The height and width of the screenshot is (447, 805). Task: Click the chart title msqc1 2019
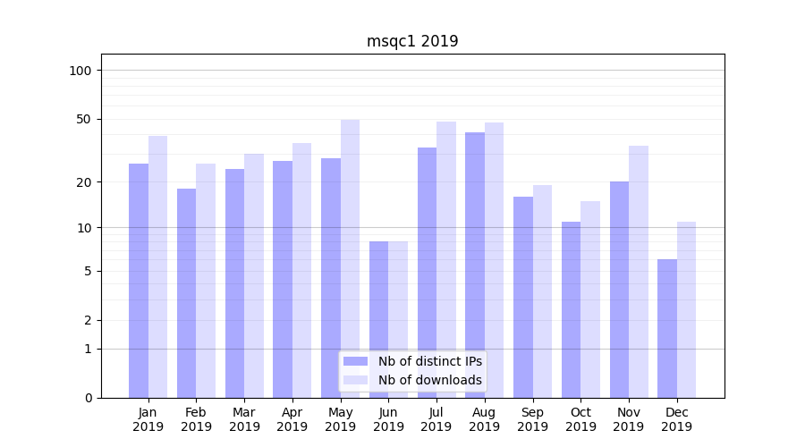tap(412, 41)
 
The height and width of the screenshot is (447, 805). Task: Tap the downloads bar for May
tap(350, 258)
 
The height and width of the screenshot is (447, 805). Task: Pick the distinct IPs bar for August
tap(475, 265)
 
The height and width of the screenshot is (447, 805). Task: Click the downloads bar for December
tap(686, 309)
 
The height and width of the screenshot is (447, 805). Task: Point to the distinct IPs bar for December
tap(667, 328)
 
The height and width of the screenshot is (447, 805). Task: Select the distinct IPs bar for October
tap(572, 309)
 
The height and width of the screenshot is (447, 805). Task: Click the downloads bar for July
tap(446, 259)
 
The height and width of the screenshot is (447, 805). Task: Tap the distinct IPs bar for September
tap(523, 297)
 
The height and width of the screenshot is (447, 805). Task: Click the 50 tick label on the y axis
tap(84, 119)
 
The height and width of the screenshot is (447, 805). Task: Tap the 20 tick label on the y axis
tap(84, 182)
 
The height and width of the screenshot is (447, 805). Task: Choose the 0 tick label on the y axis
tap(88, 398)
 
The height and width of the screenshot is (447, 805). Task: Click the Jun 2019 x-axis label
tap(388, 419)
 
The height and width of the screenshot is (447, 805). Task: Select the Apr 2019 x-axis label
tap(292, 419)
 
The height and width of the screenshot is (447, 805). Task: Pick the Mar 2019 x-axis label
tap(244, 419)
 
